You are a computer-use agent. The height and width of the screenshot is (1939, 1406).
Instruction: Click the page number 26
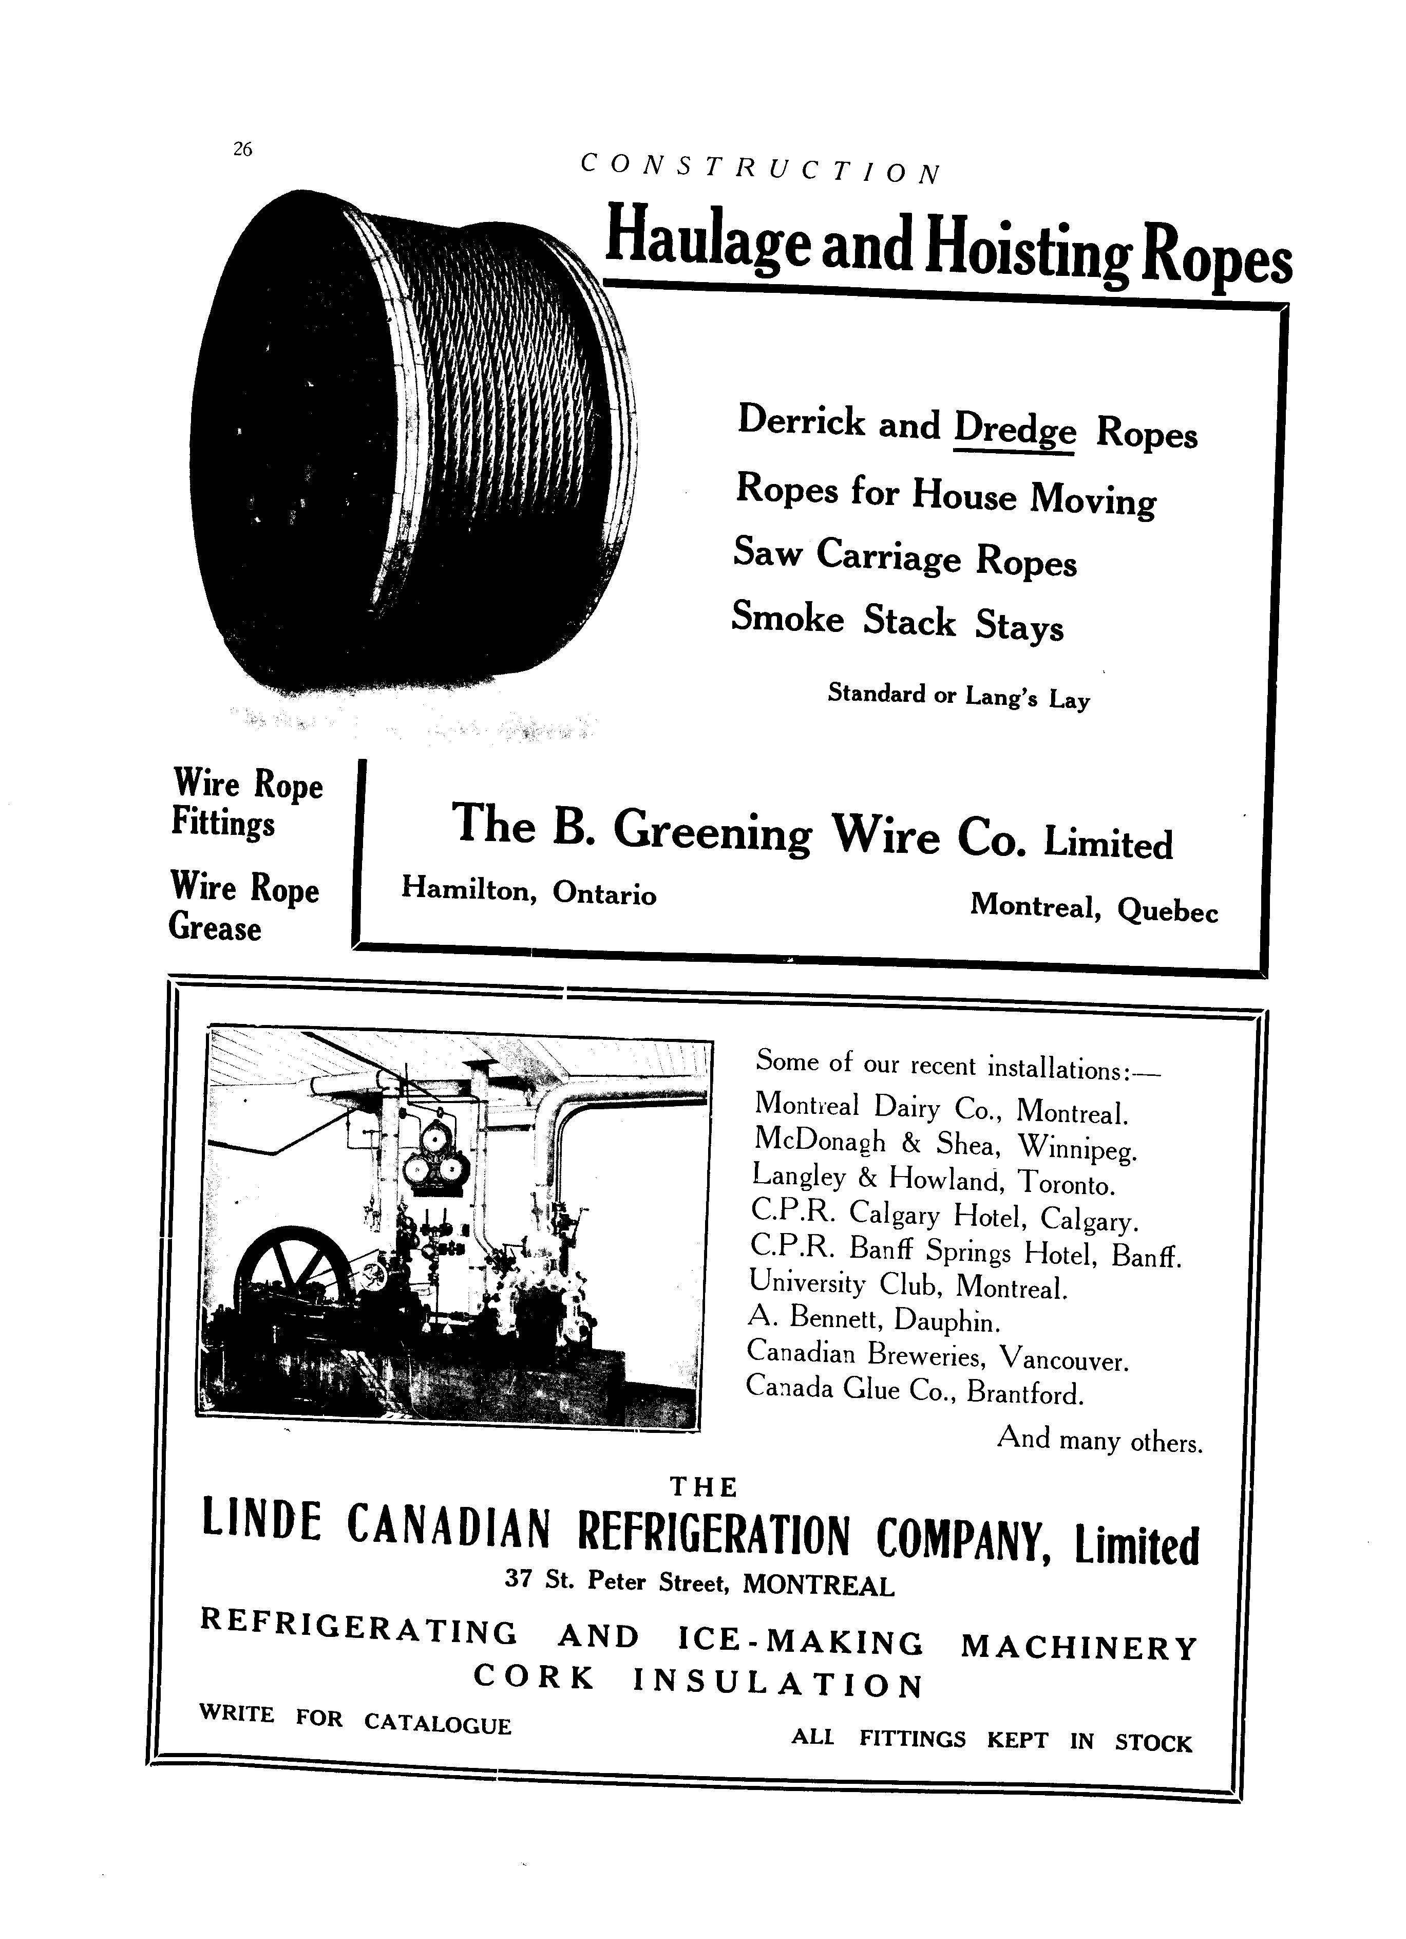coord(242,150)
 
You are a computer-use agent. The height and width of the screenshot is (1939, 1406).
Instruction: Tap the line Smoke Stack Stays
coord(898,622)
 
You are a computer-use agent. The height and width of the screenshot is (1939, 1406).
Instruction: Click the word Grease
coord(215,927)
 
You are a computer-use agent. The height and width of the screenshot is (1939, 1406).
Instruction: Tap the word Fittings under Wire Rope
coord(223,823)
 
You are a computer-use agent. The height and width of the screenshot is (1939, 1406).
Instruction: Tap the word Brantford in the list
coord(1025,1393)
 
